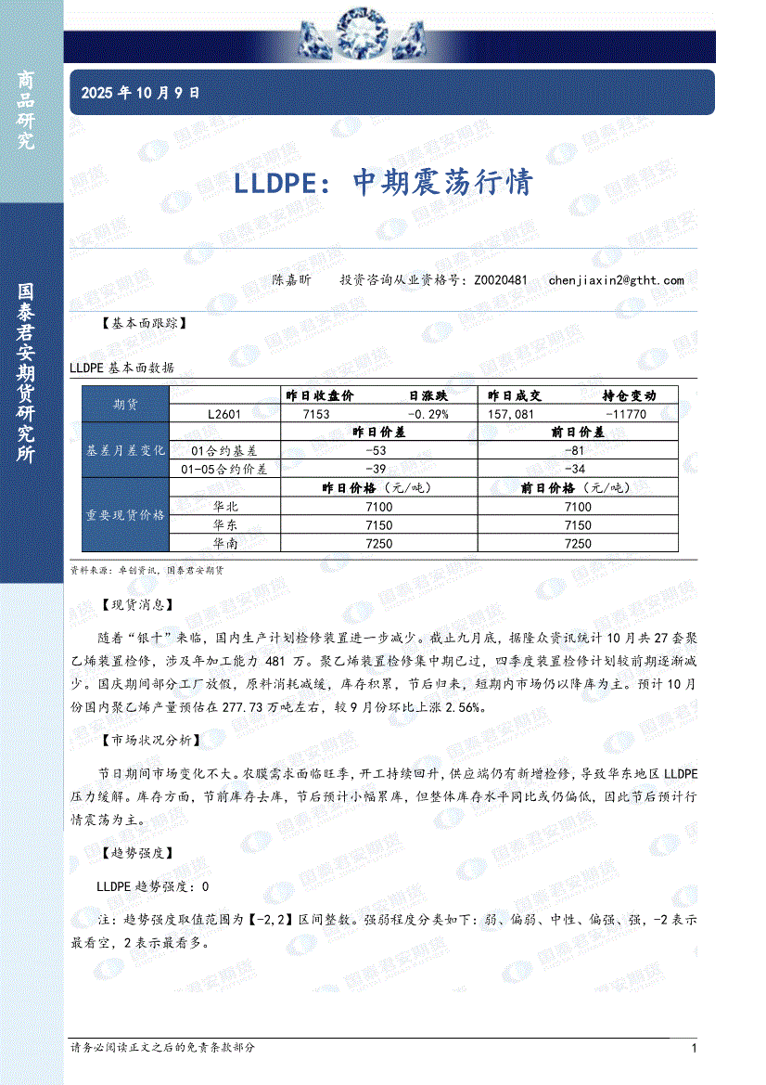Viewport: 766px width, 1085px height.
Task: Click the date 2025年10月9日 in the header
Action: [x=140, y=93]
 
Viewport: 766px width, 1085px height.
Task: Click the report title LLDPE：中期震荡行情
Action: [x=383, y=181]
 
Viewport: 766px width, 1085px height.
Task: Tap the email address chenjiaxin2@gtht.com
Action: [x=616, y=279]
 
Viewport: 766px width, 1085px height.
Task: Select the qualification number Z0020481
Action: [x=501, y=279]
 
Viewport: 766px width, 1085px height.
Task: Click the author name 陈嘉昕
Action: [x=291, y=279]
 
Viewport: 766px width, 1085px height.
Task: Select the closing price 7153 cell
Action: [x=316, y=414]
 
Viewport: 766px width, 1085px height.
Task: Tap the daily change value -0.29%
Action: [x=428, y=414]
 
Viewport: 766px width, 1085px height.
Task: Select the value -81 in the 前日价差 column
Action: [x=577, y=450]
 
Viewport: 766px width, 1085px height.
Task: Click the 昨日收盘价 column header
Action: [x=320, y=395]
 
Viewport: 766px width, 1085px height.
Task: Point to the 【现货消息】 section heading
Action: [x=135, y=604]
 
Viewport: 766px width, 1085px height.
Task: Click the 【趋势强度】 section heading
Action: [x=135, y=852]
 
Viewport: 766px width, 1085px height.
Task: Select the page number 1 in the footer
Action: [x=694, y=1048]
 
